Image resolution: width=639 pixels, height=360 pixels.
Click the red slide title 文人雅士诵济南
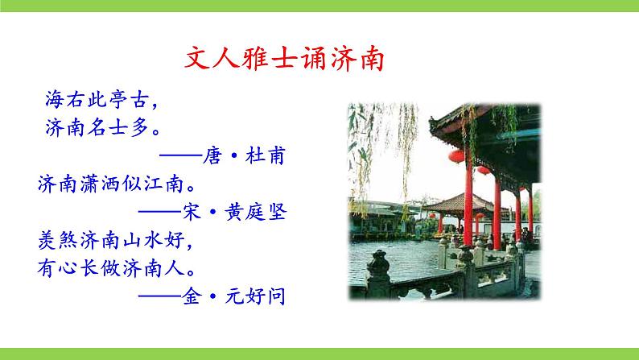coord(283,61)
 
